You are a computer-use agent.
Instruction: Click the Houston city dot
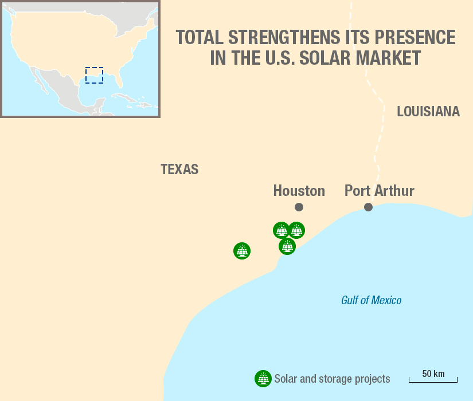[x=299, y=207]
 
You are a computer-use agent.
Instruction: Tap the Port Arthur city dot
[x=368, y=207]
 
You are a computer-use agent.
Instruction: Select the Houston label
[x=299, y=191]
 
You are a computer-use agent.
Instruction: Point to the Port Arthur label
[x=379, y=191]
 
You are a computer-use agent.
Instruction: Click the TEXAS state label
[x=179, y=170]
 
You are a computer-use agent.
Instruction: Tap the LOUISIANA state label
[x=428, y=112]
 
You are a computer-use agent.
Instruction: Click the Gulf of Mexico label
[x=371, y=300]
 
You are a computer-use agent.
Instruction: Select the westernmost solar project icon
[x=242, y=251]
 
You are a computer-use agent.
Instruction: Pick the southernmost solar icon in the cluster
[x=287, y=246]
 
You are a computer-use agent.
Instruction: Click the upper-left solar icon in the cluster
[x=281, y=230]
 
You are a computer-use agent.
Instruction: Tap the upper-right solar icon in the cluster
[x=297, y=230]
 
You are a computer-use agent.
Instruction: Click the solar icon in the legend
[x=263, y=379]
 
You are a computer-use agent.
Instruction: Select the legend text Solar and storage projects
[x=332, y=379]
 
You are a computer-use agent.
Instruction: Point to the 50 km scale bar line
[x=433, y=381]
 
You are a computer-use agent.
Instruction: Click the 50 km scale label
[x=433, y=374]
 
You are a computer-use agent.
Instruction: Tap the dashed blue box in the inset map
[x=94, y=75]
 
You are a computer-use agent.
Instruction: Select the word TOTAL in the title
[x=200, y=38]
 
